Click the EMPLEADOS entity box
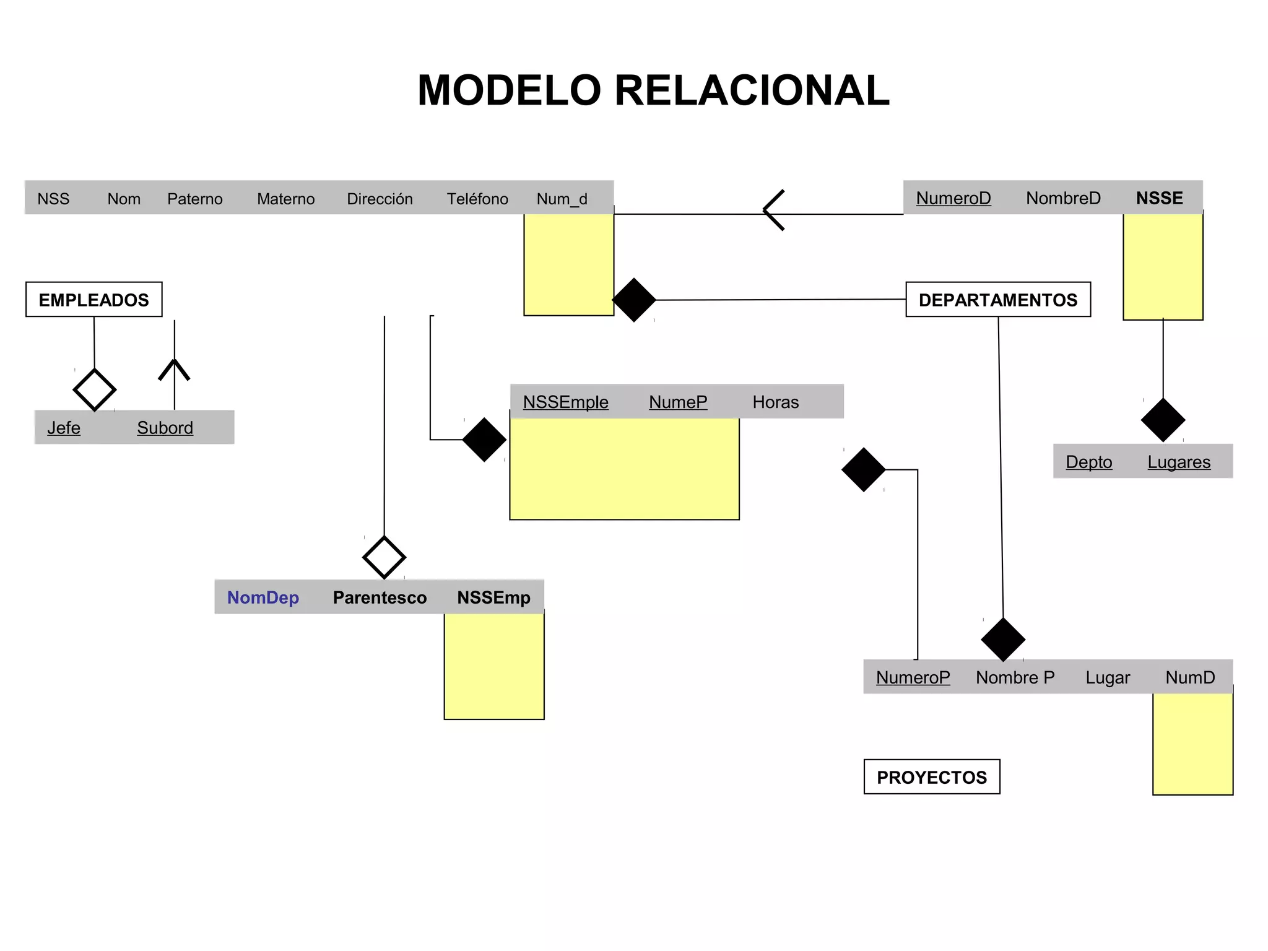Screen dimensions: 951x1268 coord(93,300)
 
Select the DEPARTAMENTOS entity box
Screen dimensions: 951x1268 coord(997,300)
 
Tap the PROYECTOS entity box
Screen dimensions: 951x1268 coord(931,777)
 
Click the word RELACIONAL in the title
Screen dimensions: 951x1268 coord(752,90)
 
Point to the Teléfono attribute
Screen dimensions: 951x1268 coord(477,199)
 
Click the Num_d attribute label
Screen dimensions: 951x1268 coord(562,199)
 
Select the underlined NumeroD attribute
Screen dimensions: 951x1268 coord(953,198)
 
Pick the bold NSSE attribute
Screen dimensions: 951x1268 coord(1159,198)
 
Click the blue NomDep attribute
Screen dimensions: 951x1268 coord(263,597)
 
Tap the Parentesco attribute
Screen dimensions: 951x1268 coord(380,597)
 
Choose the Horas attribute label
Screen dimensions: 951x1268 coord(775,402)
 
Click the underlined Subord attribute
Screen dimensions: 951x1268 coord(165,428)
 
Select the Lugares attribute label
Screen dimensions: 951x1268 coord(1178,462)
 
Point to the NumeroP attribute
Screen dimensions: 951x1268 coord(913,677)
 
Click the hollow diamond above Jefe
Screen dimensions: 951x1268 coord(94,390)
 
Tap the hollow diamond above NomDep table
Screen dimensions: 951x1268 coord(384,557)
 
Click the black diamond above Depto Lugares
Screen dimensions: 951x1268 coord(1162,420)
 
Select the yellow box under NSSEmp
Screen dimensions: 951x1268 coord(493,666)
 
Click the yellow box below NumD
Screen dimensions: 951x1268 coord(1192,743)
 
